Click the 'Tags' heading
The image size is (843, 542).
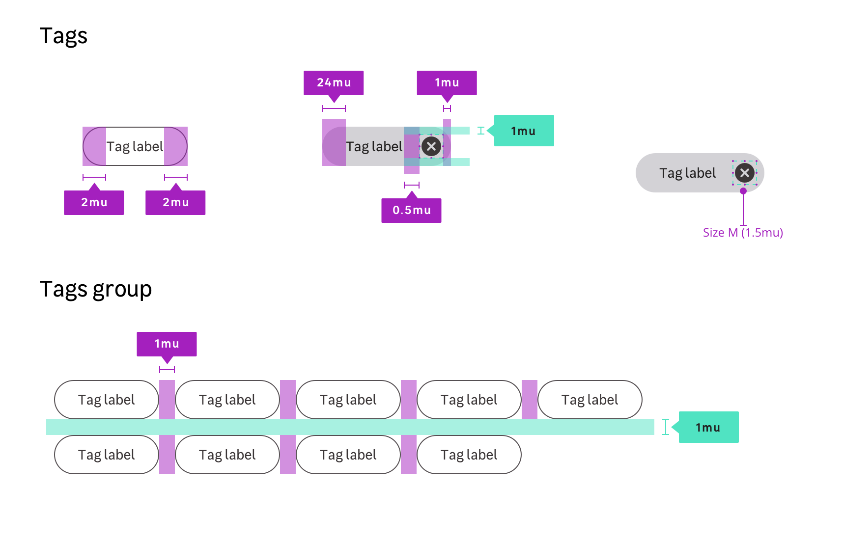point(63,36)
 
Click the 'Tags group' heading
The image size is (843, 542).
point(95,289)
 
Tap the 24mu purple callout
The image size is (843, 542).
point(334,82)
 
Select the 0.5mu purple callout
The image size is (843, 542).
point(411,210)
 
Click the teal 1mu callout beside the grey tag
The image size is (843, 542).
point(524,131)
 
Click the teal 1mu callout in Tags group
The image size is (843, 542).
point(708,427)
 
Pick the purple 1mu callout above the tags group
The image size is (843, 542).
point(167,344)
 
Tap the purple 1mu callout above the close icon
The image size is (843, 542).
point(447,82)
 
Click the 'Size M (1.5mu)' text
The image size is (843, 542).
point(743,233)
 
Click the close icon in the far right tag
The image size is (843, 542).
point(745,173)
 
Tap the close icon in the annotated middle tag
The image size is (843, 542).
point(431,146)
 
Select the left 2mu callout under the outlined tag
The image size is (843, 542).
point(94,202)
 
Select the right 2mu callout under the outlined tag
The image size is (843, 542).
point(175,202)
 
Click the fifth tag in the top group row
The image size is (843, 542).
point(590,400)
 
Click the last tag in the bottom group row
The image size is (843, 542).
point(469,455)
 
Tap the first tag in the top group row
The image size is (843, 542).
point(106,400)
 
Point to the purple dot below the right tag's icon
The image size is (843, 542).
point(743,191)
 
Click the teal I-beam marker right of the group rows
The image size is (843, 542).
point(666,427)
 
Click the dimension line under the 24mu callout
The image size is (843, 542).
point(334,108)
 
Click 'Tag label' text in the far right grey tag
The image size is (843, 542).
point(687,173)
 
